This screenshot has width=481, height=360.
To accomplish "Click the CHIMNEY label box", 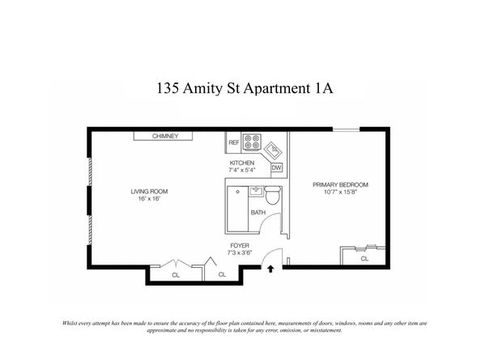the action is click(163, 136).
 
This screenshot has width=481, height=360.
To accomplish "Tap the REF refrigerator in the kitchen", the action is click(234, 142).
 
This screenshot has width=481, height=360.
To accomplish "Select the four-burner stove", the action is click(252, 142).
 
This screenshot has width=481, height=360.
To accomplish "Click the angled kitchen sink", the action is click(274, 150).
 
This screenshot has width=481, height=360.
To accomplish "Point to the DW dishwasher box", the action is click(276, 167).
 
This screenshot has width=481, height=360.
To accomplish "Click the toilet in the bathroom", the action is click(273, 195).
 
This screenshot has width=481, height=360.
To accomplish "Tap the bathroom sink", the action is click(256, 191).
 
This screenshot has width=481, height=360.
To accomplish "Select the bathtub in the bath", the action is click(237, 209).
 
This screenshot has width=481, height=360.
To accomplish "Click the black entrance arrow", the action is click(270, 269).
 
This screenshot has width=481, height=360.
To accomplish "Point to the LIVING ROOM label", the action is click(149, 192).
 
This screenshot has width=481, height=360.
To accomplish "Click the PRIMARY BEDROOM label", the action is click(340, 184).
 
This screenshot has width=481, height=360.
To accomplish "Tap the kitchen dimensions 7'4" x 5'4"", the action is click(242, 170).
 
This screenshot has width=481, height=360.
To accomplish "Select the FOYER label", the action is click(240, 245).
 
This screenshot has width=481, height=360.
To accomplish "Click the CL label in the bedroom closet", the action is click(364, 259).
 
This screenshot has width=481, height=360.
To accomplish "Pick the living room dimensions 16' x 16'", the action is click(149, 199).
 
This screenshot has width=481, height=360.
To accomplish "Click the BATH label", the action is click(258, 212).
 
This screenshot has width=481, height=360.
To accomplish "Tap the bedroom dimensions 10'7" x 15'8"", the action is click(340, 192).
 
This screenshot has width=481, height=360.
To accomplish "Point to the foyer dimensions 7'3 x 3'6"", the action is click(240, 252).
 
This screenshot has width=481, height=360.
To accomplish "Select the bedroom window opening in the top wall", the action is click(347, 129).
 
